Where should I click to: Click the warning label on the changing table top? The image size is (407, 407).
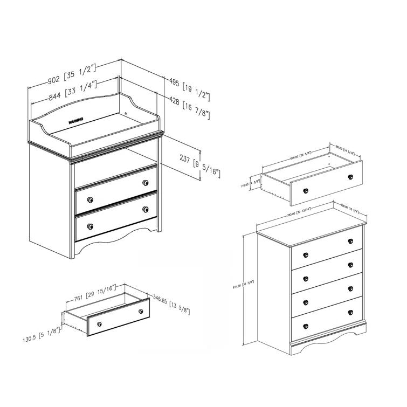tap(76, 120)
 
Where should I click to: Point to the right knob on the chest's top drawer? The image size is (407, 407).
tap(351, 242)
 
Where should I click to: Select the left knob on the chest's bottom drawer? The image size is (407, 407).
tap(305, 325)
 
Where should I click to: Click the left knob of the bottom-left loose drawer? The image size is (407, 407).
tap(99, 323)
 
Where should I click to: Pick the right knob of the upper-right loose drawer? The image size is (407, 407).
tap(351, 177)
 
